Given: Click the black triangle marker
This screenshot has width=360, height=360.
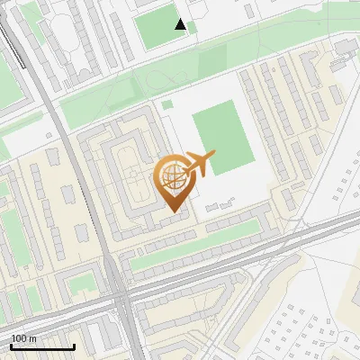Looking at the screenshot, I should [x=181, y=24].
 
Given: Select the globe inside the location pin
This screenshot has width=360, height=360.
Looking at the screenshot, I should [x=173, y=177].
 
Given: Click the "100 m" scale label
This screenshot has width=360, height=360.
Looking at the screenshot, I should [x=24, y=338].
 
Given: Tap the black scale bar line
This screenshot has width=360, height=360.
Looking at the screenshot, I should [x=42, y=346].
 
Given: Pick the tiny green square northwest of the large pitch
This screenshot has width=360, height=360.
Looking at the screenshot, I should [x=167, y=105].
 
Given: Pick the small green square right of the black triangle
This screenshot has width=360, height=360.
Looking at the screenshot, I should [x=193, y=28].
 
